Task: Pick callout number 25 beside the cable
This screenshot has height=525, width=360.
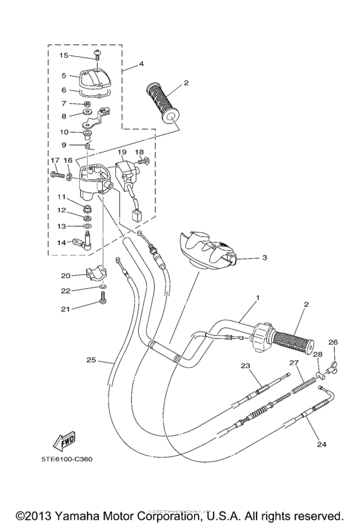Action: click(x=91, y=360)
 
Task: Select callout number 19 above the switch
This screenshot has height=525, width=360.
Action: click(x=122, y=152)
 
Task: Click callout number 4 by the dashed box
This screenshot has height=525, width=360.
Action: click(x=141, y=64)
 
